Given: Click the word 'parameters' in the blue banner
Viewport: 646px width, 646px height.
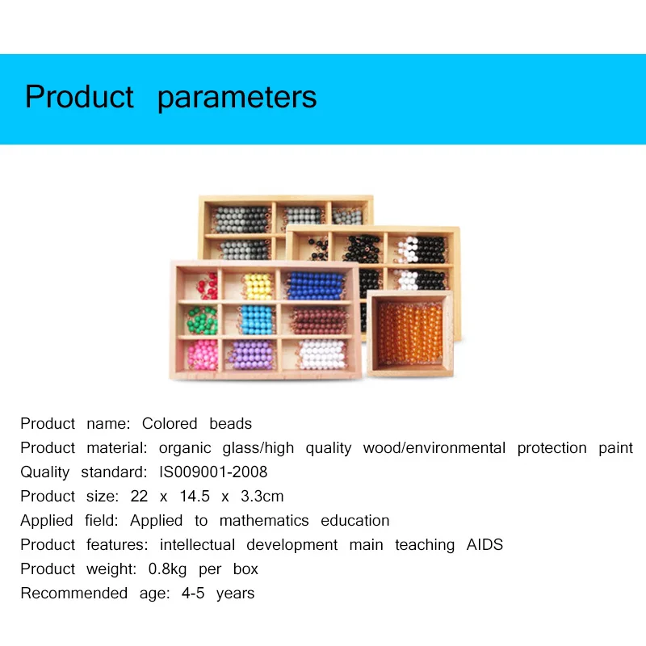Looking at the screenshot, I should pyautogui.click(x=237, y=98).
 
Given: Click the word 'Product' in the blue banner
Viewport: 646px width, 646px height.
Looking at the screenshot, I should pyautogui.click(x=79, y=97).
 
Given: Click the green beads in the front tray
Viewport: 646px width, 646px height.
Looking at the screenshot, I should pyautogui.click(x=203, y=320).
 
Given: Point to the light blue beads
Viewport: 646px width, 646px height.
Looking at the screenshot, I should pyautogui.click(x=258, y=320).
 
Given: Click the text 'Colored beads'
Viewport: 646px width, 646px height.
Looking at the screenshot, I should pyautogui.click(x=197, y=424).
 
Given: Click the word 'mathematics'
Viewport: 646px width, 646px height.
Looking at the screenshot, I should pyautogui.click(x=264, y=521).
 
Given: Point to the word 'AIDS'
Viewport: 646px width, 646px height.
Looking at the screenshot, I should pyautogui.click(x=484, y=545).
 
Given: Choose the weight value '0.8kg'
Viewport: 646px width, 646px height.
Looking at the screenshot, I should pyautogui.click(x=168, y=569).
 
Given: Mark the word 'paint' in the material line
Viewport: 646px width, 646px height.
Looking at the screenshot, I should pyautogui.click(x=615, y=448).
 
